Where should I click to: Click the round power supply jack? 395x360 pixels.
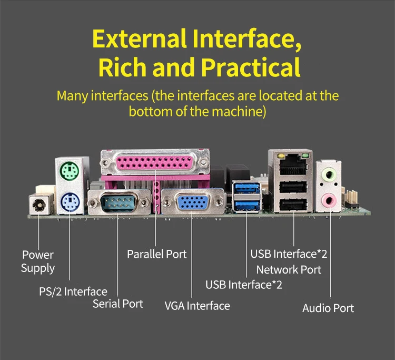[x=38, y=204]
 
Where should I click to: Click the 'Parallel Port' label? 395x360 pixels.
[x=157, y=254]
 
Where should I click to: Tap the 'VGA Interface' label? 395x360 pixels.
[x=197, y=306]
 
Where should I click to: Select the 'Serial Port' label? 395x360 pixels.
[x=118, y=304]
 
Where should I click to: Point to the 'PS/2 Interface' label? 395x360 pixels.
[x=73, y=291]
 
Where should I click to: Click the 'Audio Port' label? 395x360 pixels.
[x=328, y=308]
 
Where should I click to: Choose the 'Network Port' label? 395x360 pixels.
[x=289, y=269]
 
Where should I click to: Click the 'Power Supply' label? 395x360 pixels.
[x=38, y=261]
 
